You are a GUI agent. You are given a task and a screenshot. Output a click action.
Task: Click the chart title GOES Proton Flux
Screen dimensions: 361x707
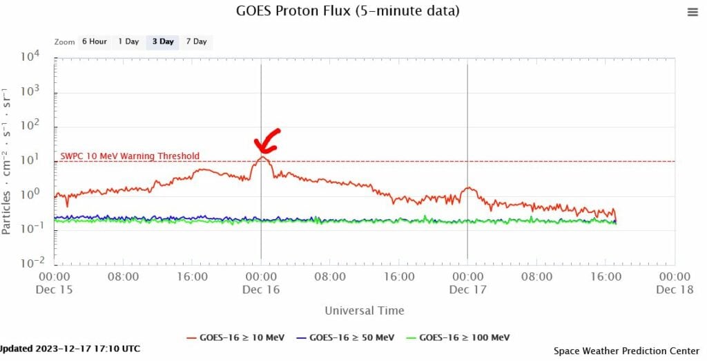pos(348,11)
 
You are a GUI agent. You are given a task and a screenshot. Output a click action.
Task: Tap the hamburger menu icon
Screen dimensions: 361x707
pos(693,12)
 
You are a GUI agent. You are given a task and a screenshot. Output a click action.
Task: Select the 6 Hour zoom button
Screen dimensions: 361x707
pos(94,41)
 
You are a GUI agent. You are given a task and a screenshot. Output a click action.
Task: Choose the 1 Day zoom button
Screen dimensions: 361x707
pos(128,41)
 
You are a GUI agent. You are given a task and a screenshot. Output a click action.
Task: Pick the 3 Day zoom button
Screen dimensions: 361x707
pos(163,41)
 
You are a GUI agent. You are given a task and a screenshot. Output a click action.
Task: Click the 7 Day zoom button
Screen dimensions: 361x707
pos(196,41)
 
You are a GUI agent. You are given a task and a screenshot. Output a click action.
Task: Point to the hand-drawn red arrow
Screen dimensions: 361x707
pos(267,140)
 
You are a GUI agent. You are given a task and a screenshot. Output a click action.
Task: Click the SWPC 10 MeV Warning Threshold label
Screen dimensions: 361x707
pos(130,156)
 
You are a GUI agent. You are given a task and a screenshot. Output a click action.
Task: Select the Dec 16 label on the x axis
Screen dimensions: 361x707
pos(261,290)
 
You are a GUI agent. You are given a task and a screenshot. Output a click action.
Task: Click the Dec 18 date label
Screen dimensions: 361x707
pos(675,290)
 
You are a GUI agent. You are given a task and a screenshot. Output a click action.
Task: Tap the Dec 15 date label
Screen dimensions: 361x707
pos(54,290)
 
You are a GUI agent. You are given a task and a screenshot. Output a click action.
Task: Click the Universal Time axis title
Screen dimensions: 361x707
pos(365,311)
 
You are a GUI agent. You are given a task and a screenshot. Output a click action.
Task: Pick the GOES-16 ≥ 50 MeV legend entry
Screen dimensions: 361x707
pos(346,337)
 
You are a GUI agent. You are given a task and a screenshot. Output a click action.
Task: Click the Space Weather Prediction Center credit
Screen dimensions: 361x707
pos(626,351)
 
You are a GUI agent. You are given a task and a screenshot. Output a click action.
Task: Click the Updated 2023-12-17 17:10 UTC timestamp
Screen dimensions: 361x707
pos(69,349)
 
